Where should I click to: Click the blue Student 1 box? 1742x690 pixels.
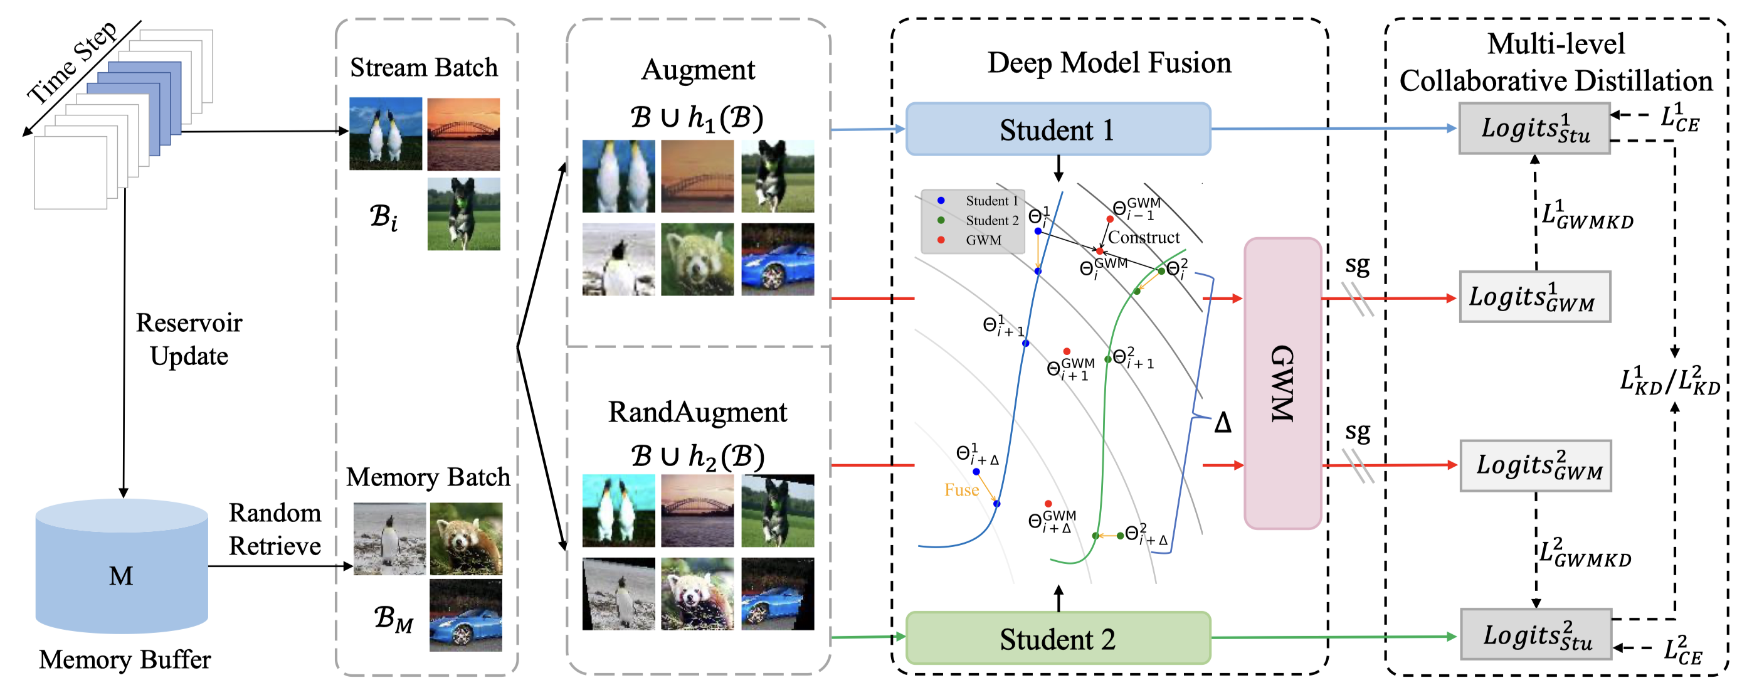coord(1058,129)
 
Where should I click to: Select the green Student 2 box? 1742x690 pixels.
coord(1058,638)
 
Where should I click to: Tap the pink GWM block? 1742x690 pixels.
coord(1283,383)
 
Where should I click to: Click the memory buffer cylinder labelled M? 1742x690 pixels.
coord(122,566)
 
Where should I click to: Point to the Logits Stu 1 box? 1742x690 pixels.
coord(1534,129)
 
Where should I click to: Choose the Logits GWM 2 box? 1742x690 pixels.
coord(1536,465)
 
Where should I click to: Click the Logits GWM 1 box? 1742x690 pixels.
coord(1534,296)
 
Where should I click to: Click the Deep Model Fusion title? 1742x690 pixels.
coord(1109,63)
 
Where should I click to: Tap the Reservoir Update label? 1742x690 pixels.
coord(189,339)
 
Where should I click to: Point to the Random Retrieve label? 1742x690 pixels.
coord(275,529)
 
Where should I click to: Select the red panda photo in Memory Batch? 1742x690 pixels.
coord(466,538)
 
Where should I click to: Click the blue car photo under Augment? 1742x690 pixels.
coord(778,259)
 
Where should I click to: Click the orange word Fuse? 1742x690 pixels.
coord(962,490)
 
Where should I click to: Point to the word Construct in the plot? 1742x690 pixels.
coord(1144,238)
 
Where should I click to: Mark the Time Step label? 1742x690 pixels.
coord(72,63)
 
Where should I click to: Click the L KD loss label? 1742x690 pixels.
coord(1670,380)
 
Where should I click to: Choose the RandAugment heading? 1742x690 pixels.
coord(697,413)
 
